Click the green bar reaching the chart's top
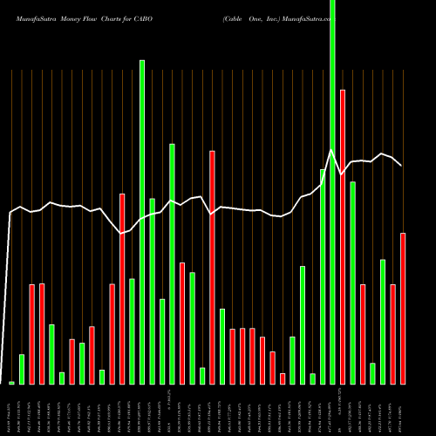pyautogui.click(x=332, y=192)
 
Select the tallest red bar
pyautogui.click(x=343, y=236)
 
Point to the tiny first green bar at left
pyautogui.click(x=12, y=383)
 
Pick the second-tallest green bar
pyautogui.click(x=142, y=222)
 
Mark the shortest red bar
pyautogui.click(x=283, y=378)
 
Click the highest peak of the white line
pyautogui.click(x=332, y=150)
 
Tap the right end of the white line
pyautogui.click(x=402, y=166)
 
